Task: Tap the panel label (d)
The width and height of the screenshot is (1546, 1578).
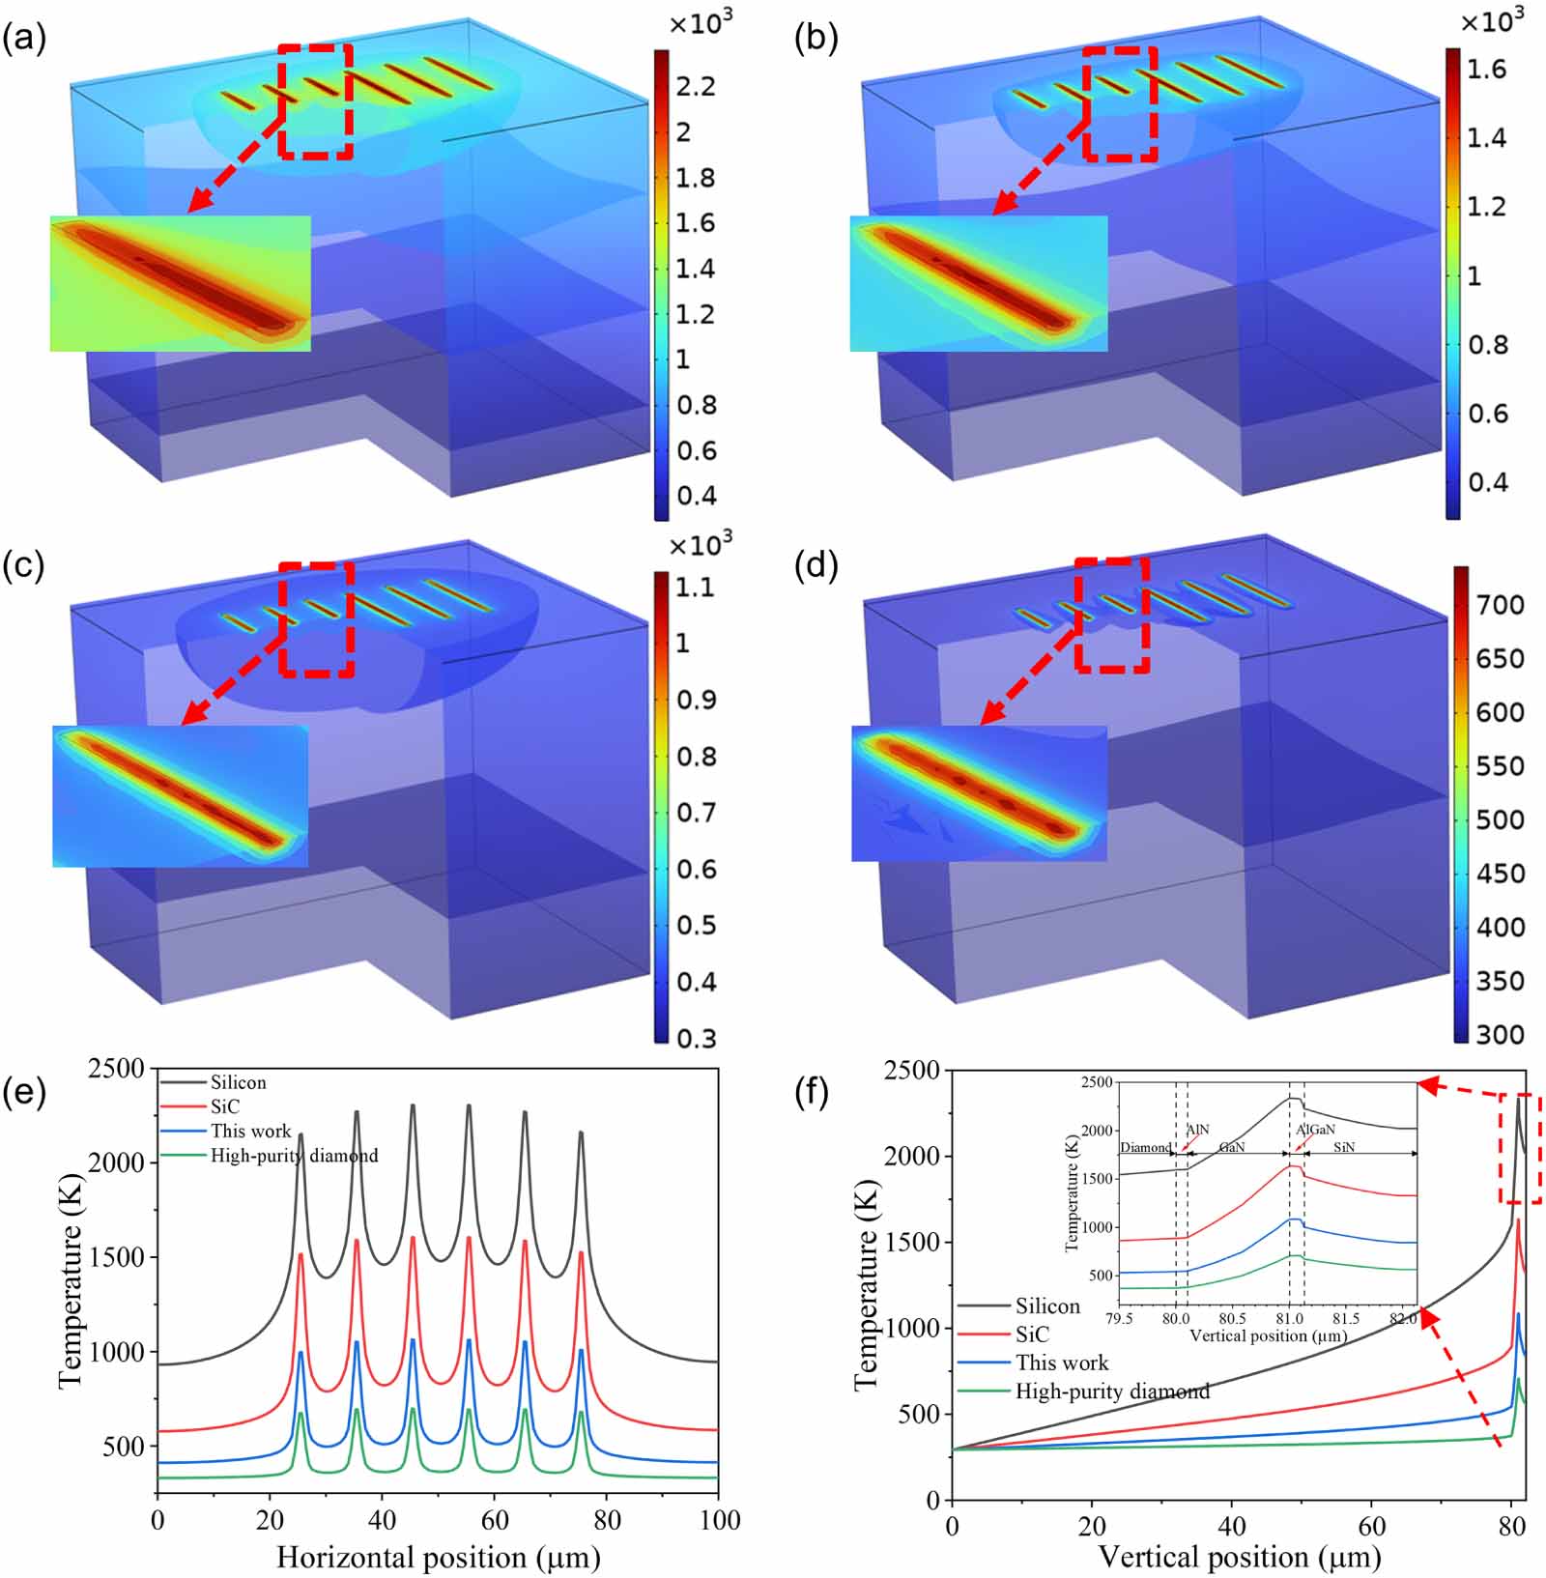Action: point(816,566)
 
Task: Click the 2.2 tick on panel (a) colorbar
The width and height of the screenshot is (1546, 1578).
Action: point(696,87)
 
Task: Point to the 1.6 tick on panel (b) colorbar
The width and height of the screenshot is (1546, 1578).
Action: point(1486,69)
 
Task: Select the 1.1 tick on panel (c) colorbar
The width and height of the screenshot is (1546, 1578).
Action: point(695,587)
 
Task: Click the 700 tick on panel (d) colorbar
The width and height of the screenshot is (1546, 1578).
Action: point(1500,605)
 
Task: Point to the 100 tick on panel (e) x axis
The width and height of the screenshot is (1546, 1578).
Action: point(718,1520)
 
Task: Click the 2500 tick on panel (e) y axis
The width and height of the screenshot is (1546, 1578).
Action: point(116,1069)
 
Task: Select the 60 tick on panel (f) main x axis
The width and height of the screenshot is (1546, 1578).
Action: point(1371,1526)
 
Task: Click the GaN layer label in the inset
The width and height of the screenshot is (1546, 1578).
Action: point(1232,1147)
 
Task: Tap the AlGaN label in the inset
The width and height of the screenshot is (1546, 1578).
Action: point(1315,1129)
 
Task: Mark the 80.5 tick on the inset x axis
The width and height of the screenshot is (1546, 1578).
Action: point(1232,1318)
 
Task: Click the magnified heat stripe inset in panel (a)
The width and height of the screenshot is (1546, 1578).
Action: point(181,283)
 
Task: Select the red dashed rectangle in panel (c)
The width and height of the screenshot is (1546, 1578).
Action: point(317,619)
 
